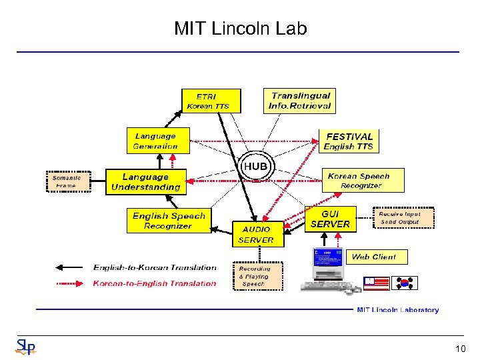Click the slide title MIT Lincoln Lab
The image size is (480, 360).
tap(240, 29)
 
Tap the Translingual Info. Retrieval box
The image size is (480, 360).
tap(299, 101)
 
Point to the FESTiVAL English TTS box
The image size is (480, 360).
tap(348, 141)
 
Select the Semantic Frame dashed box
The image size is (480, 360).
tap(67, 181)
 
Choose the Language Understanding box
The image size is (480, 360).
tap(145, 182)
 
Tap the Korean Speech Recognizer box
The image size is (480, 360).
tap(358, 181)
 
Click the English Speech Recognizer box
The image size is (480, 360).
tap(169, 221)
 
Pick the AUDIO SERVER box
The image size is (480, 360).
tap(256, 234)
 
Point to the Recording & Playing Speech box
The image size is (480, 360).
tap(257, 276)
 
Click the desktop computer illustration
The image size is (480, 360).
tap(326, 270)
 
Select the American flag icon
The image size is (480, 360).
tap(377, 282)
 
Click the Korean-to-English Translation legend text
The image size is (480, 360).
tap(155, 283)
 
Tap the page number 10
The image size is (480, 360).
tap(460, 349)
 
